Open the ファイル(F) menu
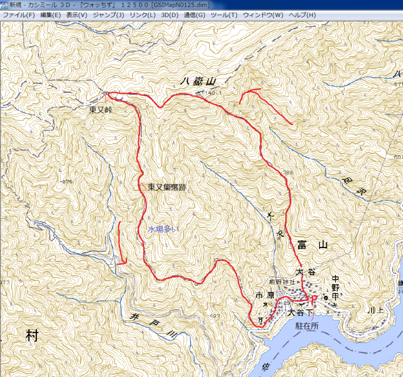coord(19,15)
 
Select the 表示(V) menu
coord(77,15)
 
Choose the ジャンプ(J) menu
coord(108,15)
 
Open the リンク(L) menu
coord(143,15)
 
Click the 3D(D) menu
coord(170,15)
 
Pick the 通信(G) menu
coord(194,15)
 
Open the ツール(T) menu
coord(224,15)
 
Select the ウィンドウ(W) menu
coord(263,15)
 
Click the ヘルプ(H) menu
coord(302,15)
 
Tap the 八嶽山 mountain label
coord(197,81)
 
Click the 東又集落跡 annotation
coord(167,187)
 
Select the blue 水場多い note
coord(163,229)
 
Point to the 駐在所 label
coord(308,326)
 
